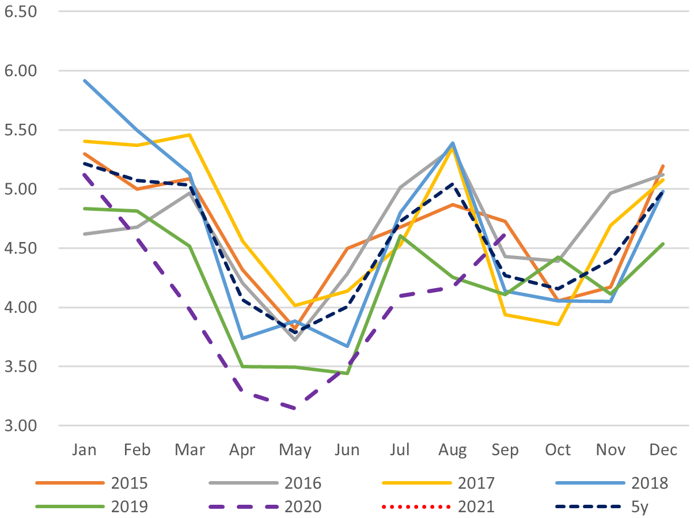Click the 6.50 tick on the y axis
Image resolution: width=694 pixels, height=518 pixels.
pos(20,11)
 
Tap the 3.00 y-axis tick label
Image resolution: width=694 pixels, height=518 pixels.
pos(20,425)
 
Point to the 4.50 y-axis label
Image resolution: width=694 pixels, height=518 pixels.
pos(20,248)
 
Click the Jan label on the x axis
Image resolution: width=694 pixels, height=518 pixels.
pos(85,450)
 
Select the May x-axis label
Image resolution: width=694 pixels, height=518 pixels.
pos(295,450)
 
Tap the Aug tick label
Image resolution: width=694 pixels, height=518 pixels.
pos(453,450)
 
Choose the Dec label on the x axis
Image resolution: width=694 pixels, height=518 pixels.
pos(663,450)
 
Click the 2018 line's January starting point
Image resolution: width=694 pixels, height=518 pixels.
pos(85,81)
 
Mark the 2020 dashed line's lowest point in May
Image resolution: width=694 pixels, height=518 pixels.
pos(295,409)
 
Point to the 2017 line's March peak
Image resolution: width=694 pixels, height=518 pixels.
pos(190,135)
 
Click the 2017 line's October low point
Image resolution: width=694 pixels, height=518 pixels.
pos(558,324)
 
